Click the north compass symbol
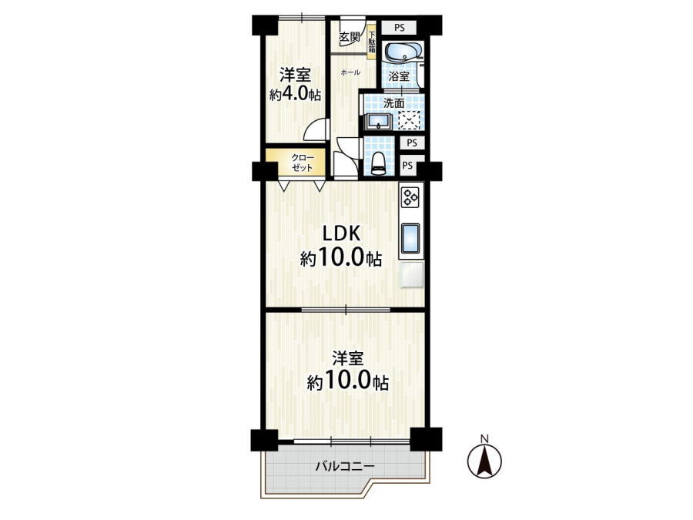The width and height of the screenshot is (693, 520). click(x=485, y=461)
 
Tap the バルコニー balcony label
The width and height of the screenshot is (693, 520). click(x=345, y=467)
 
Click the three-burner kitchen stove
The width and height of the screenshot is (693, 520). click(x=410, y=196)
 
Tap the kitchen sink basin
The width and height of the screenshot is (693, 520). click(x=410, y=237)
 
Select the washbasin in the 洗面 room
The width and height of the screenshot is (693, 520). click(x=377, y=121)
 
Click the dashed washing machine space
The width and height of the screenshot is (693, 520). click(x=410, y=120)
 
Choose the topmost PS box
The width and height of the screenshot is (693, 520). click(x=399, y=28)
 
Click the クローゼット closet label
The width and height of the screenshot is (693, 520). click(x=303, y=163)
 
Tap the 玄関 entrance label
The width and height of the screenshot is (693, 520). click(x=349, y=38)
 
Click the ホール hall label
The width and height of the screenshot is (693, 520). click(x=350, y=72)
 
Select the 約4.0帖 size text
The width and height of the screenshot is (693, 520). click(x=295, y=95)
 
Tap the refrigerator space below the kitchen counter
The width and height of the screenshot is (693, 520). click(x=412, y=275)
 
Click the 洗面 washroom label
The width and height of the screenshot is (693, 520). click(x=393, y=103)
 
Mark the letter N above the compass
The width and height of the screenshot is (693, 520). click(x=485, y=438)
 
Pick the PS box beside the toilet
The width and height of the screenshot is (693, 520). click(x=408, y=166)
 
